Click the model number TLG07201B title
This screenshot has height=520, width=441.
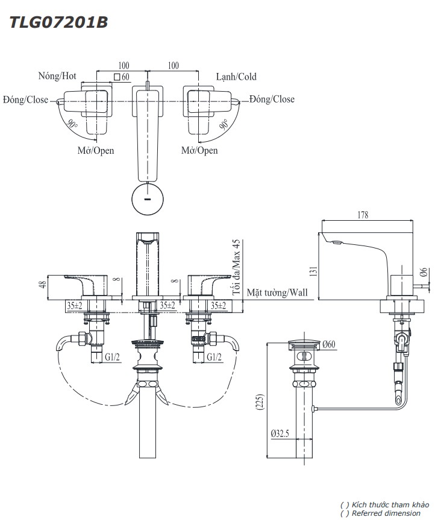(58, 23)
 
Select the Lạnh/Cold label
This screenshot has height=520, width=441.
(236, 77)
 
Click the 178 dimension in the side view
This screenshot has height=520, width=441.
(362, 215)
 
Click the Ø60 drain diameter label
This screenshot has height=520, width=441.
(328, 344)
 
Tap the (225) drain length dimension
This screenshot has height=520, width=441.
(259, 402)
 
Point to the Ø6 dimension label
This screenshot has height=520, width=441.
(424, 273)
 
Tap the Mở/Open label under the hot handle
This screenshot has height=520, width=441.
(96, 150)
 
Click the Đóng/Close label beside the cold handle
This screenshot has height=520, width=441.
(272, 99)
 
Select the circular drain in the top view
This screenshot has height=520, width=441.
(148, 200)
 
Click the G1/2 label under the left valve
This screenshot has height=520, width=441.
(113, 357)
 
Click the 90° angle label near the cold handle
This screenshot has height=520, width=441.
(224, 125)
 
